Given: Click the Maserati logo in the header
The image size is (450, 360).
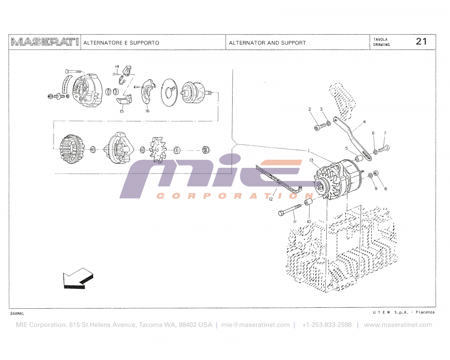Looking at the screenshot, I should (x=45, y=42).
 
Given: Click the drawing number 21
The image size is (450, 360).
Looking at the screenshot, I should (x=421, y=41).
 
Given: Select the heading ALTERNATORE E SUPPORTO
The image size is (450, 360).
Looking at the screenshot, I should (x=121, y=43).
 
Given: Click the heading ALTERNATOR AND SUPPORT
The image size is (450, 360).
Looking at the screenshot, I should (x=267, y=43).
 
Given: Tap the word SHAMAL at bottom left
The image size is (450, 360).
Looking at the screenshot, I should (x=17, y=313).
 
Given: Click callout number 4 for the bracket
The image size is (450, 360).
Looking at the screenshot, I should (x=364, y=121).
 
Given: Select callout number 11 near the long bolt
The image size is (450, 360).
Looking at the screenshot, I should (x=294, y=221).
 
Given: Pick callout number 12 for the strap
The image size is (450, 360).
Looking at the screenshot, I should (x=271, y=198).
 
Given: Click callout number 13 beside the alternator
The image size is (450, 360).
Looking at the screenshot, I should (x=311, y=160).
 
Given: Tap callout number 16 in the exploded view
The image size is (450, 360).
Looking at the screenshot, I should (x=147, y=111).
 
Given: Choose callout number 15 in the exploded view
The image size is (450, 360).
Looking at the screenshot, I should (x=121, y=111).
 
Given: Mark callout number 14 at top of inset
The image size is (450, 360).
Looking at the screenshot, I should (x=117, y=67).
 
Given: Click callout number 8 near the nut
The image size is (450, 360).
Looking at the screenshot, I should (x=385, y=189).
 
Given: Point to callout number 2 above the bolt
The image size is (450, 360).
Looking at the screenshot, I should (x=310, y=109).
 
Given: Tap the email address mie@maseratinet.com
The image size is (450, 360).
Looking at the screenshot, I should (x=256, y=325).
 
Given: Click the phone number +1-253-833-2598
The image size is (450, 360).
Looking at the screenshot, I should (x=327, y=325).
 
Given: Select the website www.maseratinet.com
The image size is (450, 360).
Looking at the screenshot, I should (x=398, y=325).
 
